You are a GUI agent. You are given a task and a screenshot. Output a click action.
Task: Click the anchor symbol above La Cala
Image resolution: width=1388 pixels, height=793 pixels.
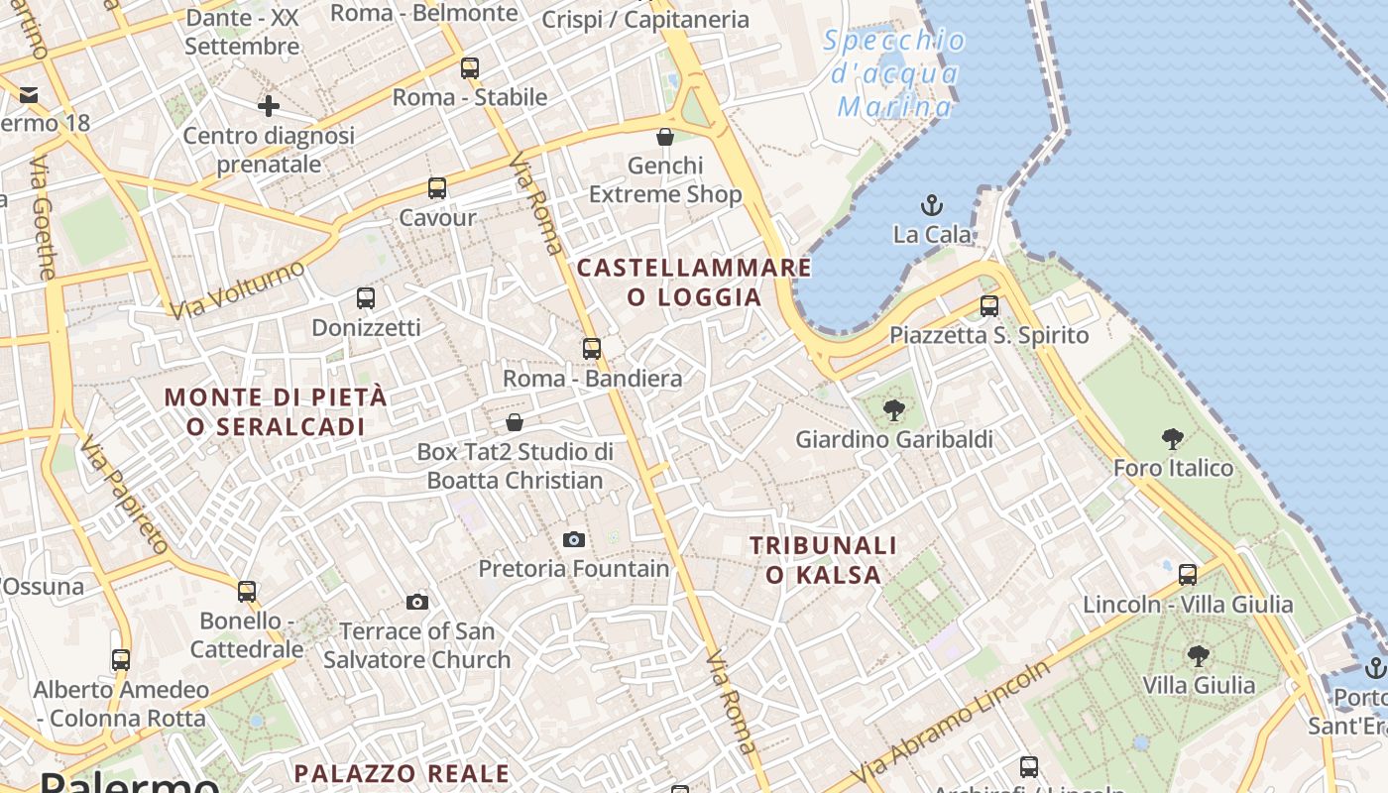931,205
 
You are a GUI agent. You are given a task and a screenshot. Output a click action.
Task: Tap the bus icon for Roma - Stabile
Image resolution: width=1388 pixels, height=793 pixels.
470,68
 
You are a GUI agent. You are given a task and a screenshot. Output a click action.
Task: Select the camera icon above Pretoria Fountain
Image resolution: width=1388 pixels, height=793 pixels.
573,539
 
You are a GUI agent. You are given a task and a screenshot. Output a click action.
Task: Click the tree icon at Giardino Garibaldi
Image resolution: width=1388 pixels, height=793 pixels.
894,409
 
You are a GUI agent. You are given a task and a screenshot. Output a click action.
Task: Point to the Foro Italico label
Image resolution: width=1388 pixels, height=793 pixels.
1173,468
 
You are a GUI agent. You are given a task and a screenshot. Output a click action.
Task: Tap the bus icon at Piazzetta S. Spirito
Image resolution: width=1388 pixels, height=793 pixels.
988,306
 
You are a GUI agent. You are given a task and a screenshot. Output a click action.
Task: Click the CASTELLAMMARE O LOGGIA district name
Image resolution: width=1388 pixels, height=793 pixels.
694,283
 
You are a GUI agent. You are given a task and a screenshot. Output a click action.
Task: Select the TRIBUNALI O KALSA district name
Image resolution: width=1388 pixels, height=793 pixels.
823,560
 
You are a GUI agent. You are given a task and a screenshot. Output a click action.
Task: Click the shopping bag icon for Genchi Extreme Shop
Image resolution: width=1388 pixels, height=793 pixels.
665,136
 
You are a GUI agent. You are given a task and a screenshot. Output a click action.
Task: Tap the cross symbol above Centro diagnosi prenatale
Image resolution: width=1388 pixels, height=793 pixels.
268,105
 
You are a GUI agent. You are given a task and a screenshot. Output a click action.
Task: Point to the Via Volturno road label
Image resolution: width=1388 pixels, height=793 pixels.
237,289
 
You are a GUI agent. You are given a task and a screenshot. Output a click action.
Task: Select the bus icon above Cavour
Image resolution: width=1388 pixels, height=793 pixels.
437,187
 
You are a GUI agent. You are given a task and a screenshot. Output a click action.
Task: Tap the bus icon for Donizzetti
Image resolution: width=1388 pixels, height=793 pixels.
366,297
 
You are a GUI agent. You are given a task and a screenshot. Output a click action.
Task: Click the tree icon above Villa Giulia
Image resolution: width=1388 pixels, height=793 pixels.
1198,655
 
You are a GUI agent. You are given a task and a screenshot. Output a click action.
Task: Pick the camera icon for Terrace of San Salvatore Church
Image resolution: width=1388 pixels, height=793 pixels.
417,602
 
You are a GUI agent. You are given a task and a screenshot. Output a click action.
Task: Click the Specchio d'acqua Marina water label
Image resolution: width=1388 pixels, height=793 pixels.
894,73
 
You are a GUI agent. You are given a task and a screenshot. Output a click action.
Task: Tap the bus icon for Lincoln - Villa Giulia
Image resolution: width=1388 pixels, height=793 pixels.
1187,574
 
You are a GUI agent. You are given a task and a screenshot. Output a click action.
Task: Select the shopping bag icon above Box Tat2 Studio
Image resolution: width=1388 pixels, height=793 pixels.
515,422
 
